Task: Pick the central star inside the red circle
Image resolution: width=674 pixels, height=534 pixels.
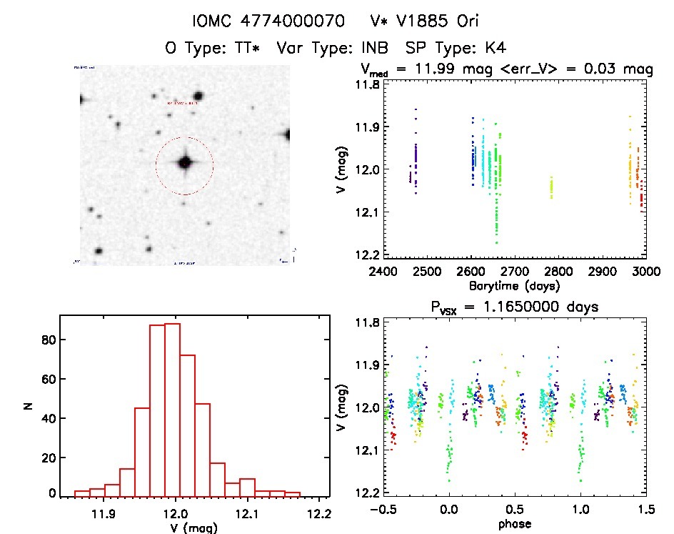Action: (185, 163)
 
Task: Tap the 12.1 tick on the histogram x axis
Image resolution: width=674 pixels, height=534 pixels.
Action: (246, 513)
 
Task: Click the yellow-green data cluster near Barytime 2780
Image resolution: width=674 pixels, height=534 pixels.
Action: (551, 188)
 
